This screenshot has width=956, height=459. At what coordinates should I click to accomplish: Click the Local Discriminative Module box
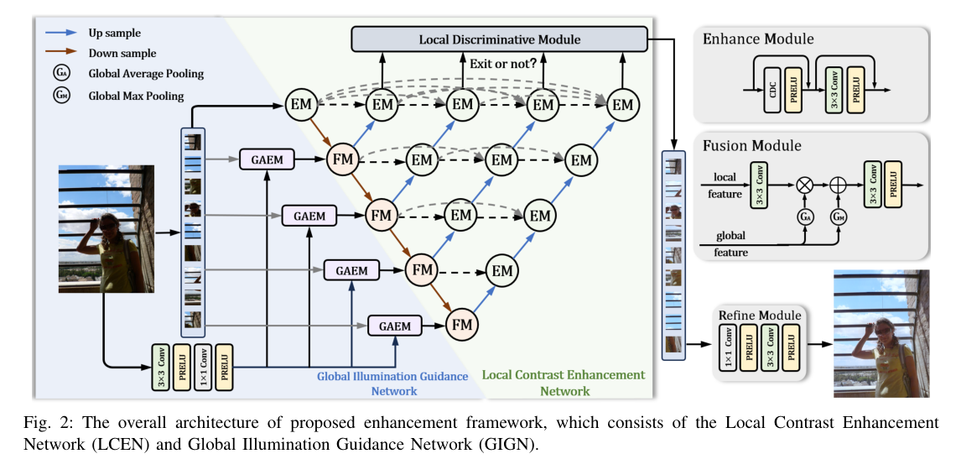499,39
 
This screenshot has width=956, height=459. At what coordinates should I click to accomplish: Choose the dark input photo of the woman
95,229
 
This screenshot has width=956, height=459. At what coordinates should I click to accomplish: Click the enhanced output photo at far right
881,333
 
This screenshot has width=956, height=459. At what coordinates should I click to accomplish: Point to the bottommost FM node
460,324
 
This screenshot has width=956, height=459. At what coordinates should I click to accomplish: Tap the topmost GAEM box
266,159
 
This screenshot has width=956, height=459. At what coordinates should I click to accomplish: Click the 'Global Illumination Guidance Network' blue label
392,383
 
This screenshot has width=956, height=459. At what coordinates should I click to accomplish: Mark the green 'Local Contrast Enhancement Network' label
564,382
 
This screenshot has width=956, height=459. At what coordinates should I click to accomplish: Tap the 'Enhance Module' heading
758,39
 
